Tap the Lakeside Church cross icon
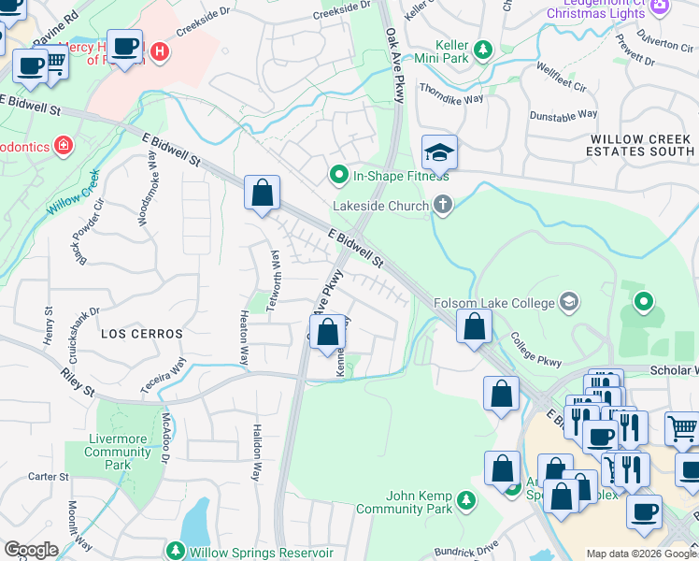[x=443, y=205]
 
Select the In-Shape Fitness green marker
[x=339, y=175]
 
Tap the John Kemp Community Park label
[x=418, y=502]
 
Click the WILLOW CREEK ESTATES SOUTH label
[x=640, y=145]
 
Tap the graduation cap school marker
[x=439, y=151]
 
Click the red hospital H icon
[x=160, y=51]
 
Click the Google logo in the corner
[x=30, y=550]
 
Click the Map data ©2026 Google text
[x=640, y=554]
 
